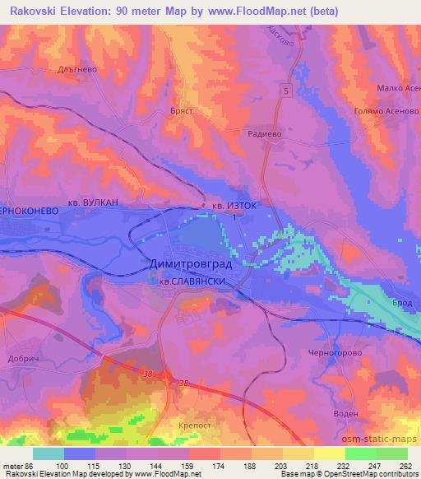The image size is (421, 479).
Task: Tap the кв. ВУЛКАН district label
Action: tap(91, 202)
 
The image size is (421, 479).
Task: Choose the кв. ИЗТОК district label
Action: tap(238, 207)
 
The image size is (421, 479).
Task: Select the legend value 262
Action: tap(405, 467)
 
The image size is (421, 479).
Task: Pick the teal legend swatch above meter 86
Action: tap(48, 453)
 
